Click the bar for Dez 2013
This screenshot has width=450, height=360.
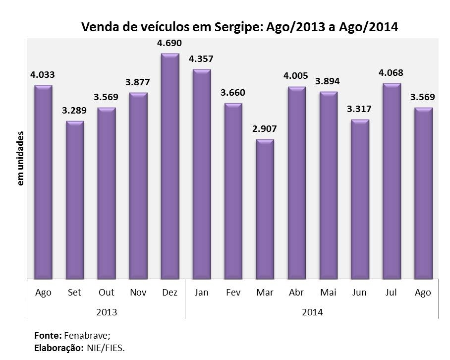click(x=170, y=166)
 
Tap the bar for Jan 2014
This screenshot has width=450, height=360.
click(x=202, y=174)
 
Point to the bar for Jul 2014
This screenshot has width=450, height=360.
click(x=392, y=181)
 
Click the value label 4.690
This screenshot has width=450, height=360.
click(x=169, y=43)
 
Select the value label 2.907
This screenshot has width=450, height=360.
click(x=265, y=129)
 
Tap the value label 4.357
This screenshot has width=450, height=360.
click(x=201, y=59)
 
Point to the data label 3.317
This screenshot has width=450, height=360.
click(x=360, y=109)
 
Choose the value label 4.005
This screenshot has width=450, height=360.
click(x=296, y=76)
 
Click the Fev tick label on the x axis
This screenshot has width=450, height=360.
click(x=233, y=293)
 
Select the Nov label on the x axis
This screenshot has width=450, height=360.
click(x=138, y=293)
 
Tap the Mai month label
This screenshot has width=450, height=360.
click(x=328, y=293)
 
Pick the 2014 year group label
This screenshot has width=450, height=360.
click(x=312, y=312)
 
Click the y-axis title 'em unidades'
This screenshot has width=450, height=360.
click(x=21, y=159)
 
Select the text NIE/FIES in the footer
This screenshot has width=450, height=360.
click(x=106, y=348)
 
